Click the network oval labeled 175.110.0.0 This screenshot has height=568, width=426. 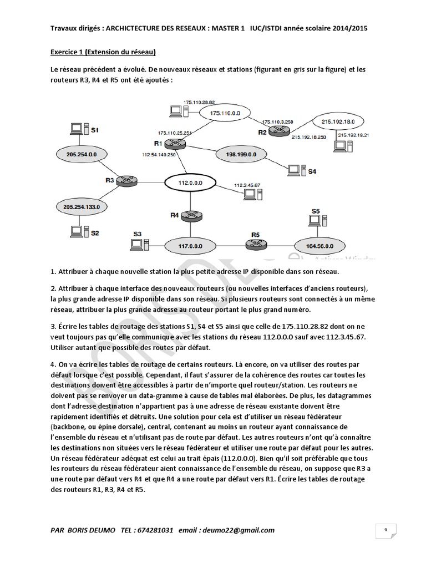[218, 113]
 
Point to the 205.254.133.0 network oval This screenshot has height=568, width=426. [81, 206]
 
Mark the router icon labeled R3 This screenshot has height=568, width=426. [128, 180]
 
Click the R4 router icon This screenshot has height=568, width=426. [190, 215]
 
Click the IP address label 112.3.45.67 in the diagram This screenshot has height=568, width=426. [247, 185]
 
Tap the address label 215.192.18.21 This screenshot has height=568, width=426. [353, 135]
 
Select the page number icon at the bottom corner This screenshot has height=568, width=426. [385, 531]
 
